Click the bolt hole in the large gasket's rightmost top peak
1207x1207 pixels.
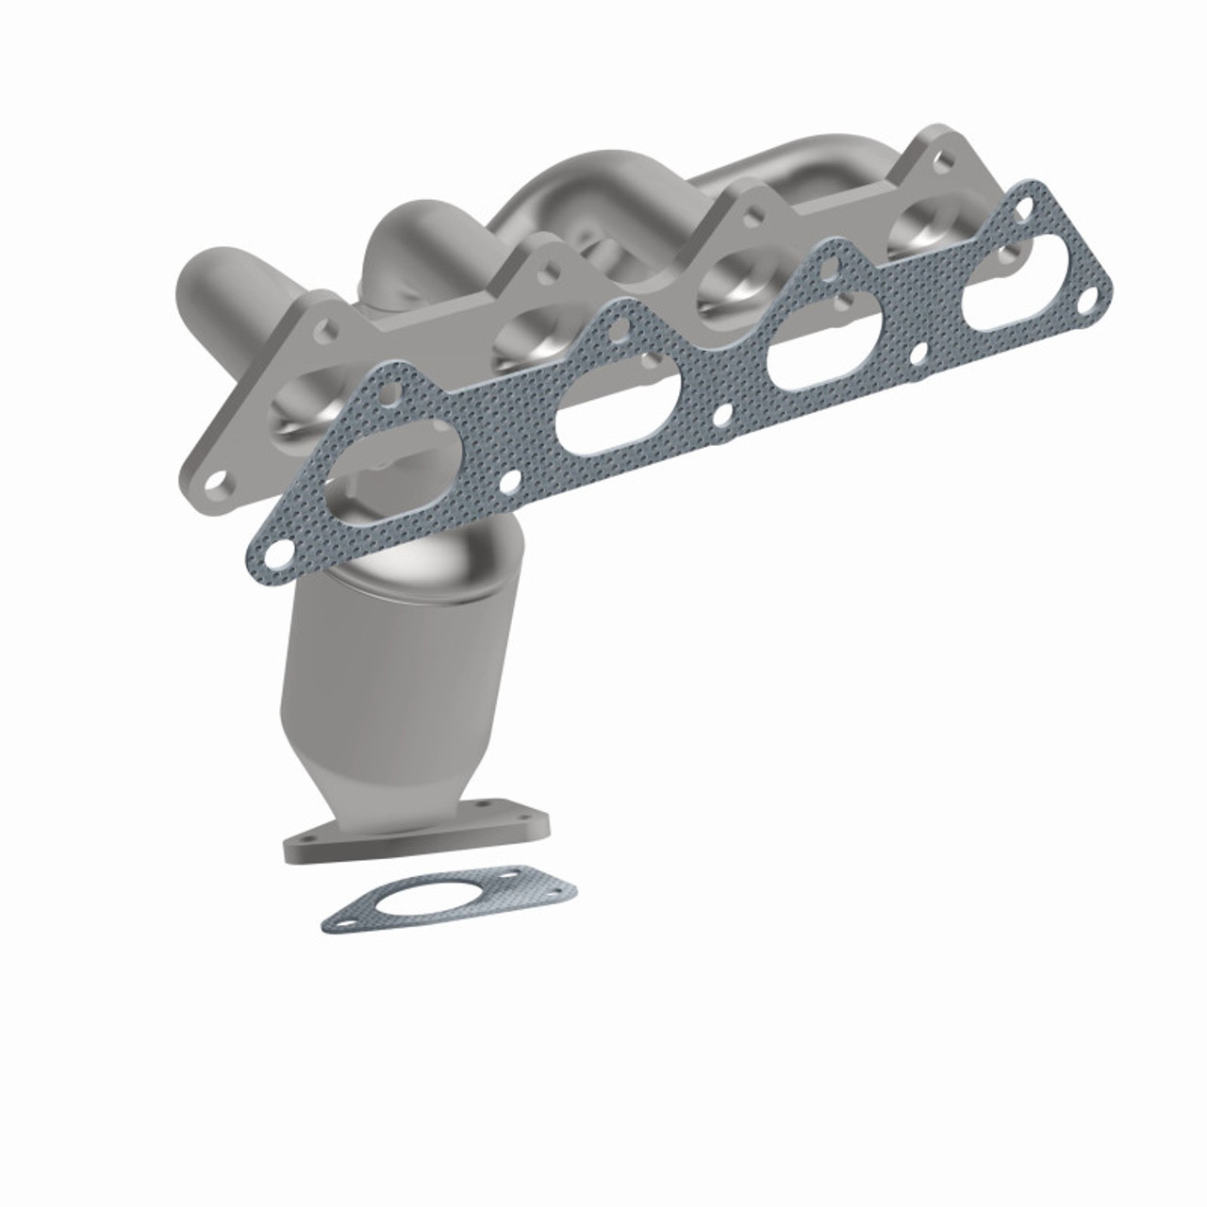click(x=1026, y=201)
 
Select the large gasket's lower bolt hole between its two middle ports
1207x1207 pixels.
click(x=721, y=415)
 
